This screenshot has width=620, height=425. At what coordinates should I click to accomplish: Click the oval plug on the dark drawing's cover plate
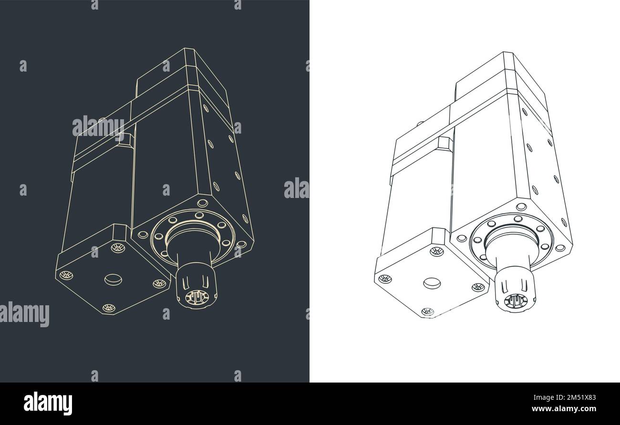(113, 279)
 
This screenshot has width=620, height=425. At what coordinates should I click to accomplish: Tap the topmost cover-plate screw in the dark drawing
(115, 247)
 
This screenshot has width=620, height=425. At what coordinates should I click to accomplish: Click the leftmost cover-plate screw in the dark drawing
(65, 275)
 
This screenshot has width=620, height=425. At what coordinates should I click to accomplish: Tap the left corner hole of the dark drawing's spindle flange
(142, 234)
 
